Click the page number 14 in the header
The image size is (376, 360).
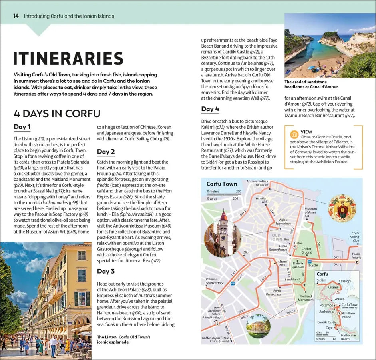tap(16, 16)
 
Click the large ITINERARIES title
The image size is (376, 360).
tap(68, 58)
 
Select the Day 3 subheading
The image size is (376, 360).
tap(106, 271)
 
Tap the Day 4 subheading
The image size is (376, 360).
tap(210, 109)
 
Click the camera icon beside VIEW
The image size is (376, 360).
tap(294, 134)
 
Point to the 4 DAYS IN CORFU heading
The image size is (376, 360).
tap(57, 114)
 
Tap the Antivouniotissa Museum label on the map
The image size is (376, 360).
tap(257, 183)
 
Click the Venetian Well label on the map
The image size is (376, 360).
tap(261, 200)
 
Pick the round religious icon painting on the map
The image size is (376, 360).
tap(342, 208)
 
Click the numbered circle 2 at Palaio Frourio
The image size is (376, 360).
tap(357, 262)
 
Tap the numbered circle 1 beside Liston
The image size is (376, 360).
tap(295, 248)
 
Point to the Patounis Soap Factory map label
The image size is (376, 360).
tap(215, 281)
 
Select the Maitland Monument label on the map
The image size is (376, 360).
tap(306, 298)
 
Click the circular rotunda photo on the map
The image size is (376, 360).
tap(258, 326)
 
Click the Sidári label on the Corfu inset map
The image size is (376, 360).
tap(321, 281)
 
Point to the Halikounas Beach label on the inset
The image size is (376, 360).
tap(345, 336)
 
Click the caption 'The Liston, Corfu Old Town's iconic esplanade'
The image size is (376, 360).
tap(123, 340)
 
